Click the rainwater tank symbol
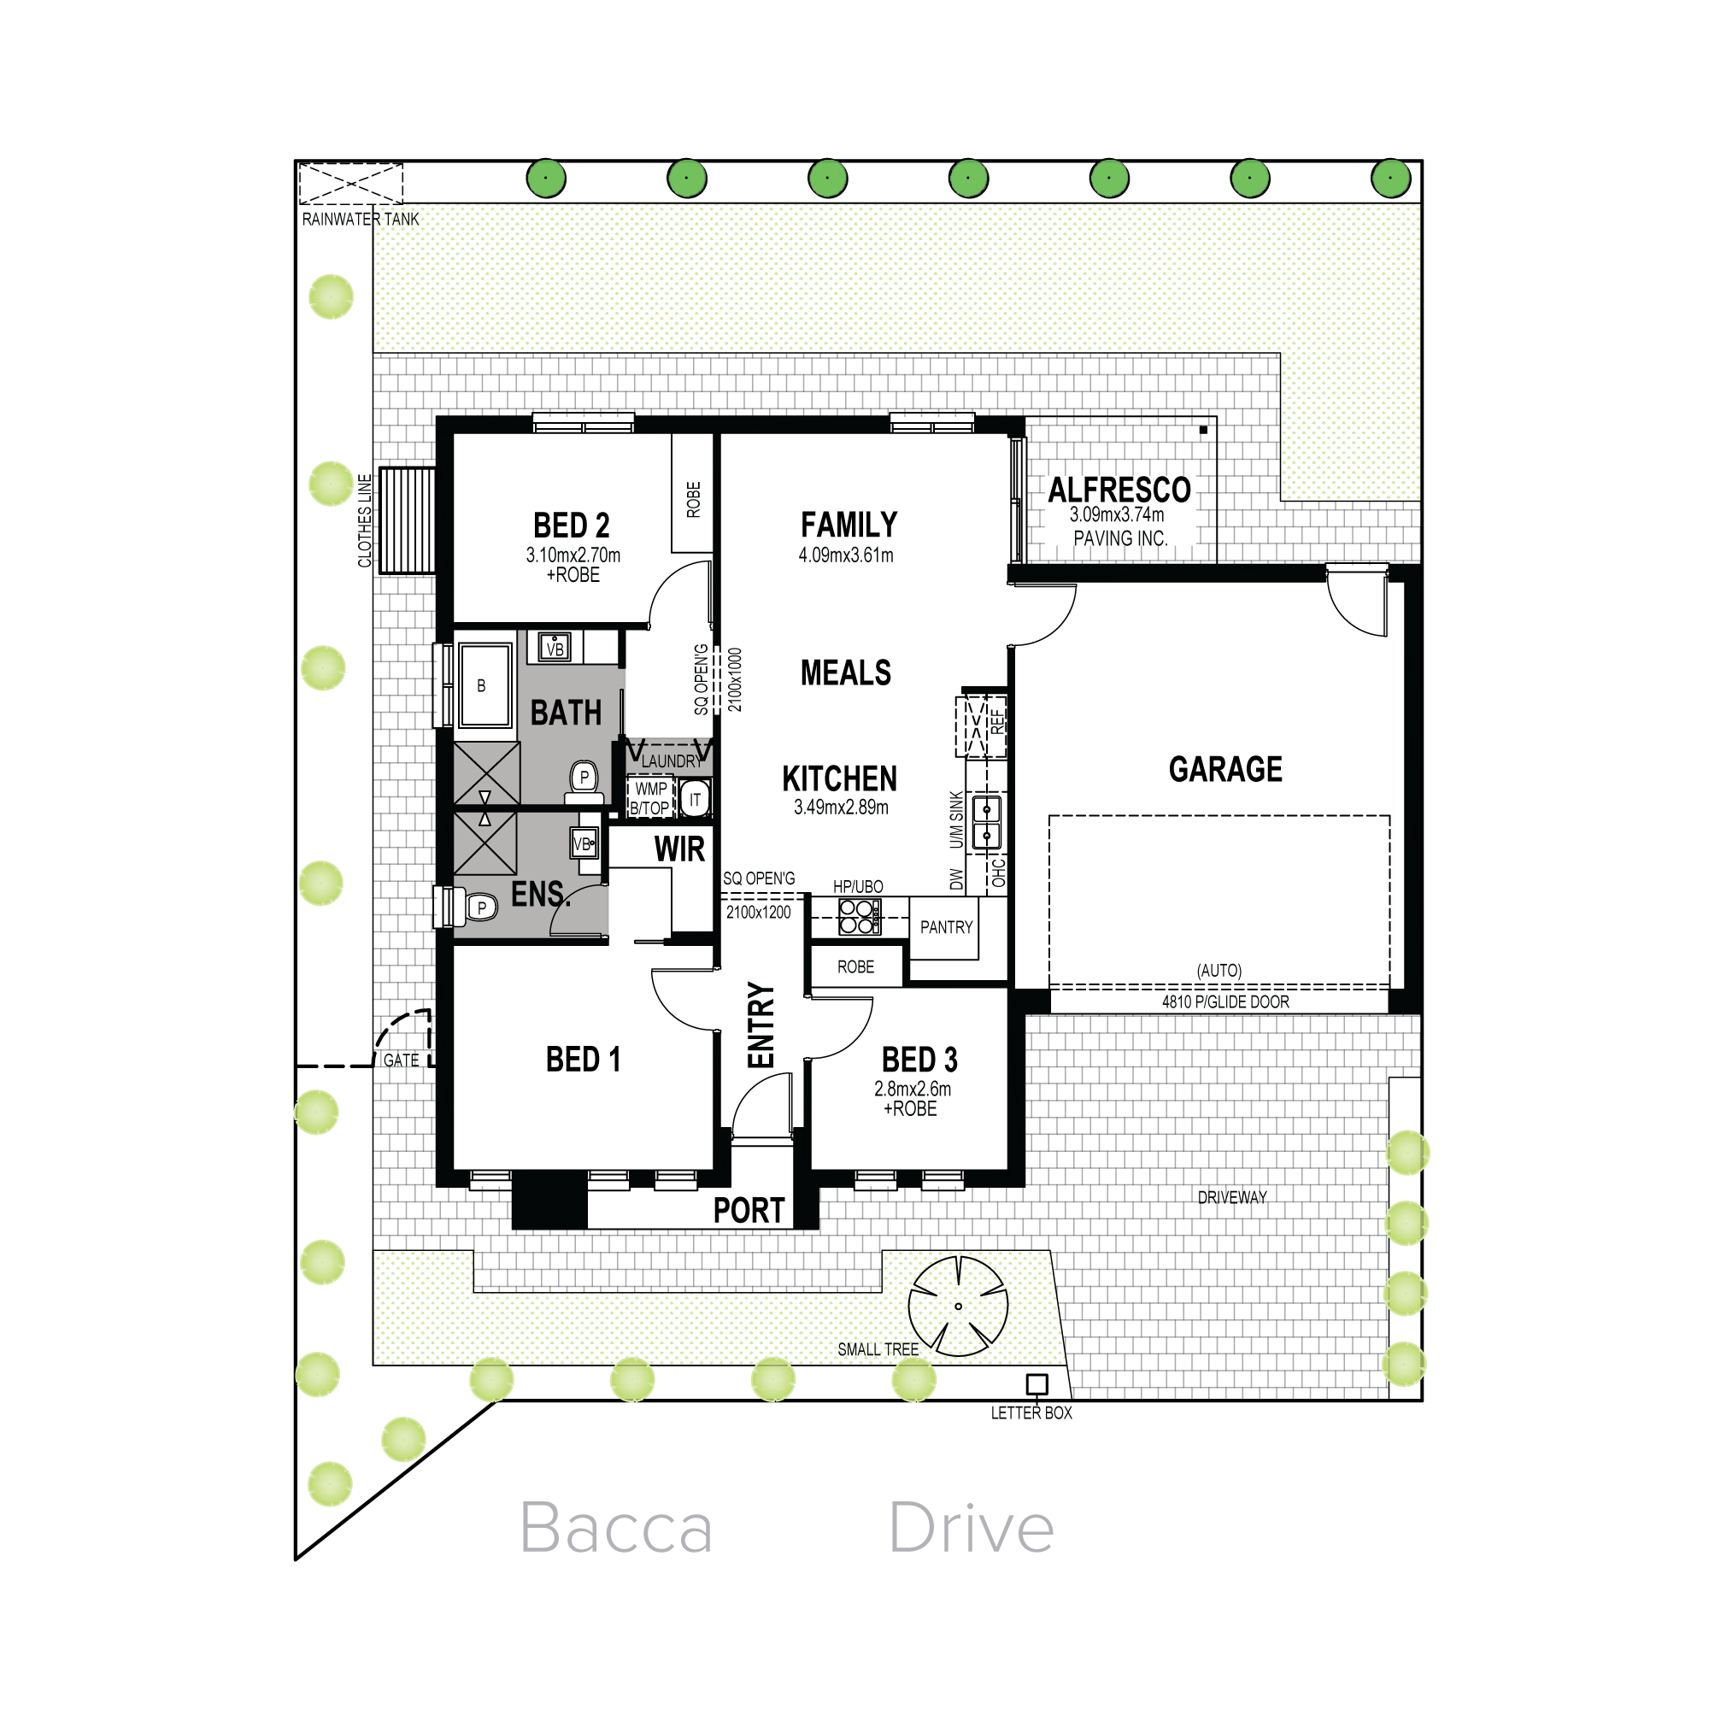tap(351, 184)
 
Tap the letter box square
tap(1037, 1383)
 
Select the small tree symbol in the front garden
tap(958, 1307)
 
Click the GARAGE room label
tap(1225, 769)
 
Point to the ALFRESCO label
tap(1119, 489)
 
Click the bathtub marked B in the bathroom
tap(484, 684)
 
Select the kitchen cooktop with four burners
tap(859, 916)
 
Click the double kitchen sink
tap(986, 822)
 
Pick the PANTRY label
tap(946, 927)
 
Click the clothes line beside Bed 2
tap(407, 521)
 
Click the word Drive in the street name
tap(972, 1527)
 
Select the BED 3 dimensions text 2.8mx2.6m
tap(913, 1089)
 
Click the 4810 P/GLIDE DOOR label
tap(1225, 1001)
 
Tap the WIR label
tap(679, 849)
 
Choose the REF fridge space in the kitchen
tap(981, 726)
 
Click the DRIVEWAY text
tap(1232, 1197)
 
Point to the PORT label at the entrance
tap(749, 1210)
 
